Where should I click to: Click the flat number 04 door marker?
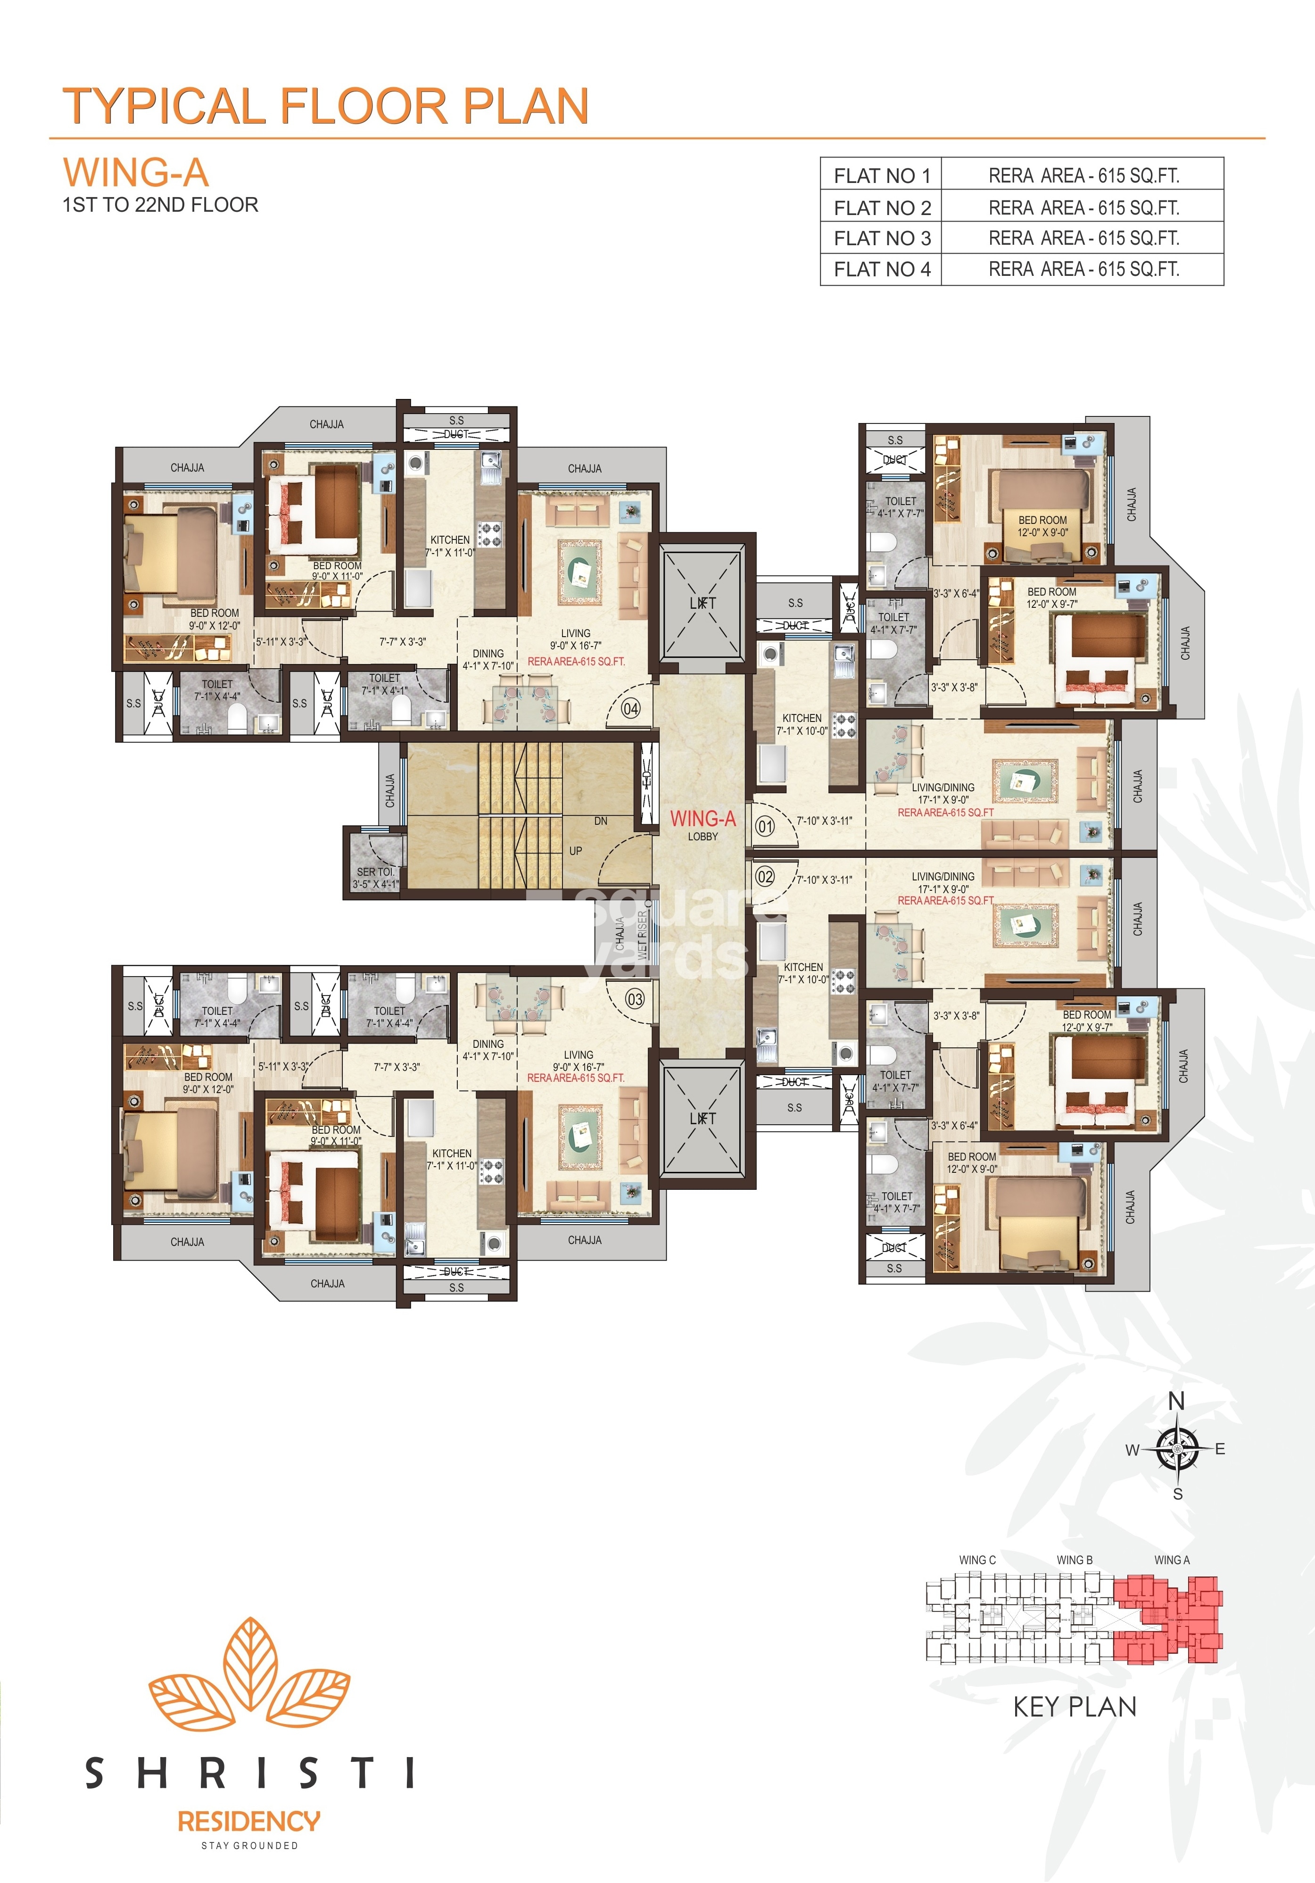coord(630,709)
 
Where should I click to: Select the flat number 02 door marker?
coord(765,877)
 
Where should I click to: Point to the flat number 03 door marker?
coord(635,999)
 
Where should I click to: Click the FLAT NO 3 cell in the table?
coord(881,239)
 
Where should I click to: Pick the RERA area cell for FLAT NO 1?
coord(1083,175)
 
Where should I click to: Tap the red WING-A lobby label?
coord(703,819)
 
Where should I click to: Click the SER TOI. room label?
coord(375,872)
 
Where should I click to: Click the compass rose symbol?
coord(1176,1449)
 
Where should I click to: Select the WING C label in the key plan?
coord(977,1560)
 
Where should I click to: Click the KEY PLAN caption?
coord(1075,1707)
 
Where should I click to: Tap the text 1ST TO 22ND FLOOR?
coord(161,205)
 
